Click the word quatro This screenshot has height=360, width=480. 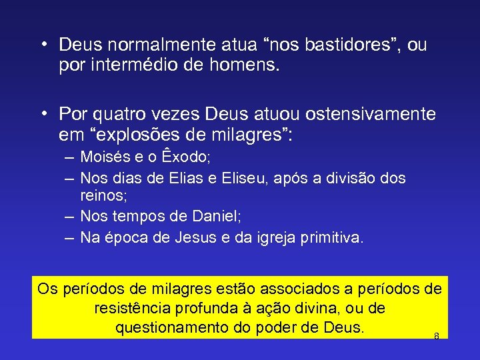(x=119, y=114)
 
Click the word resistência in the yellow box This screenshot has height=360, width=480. (x=134, y=309)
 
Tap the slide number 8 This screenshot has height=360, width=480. (x=436, y=336)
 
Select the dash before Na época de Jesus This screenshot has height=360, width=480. (x=70, y=238)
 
